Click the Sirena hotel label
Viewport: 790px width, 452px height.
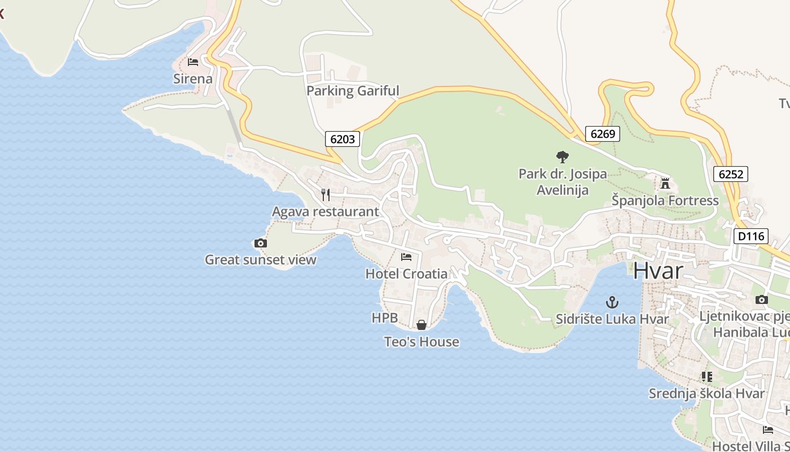[192, 79]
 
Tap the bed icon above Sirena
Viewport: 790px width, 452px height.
[193, 62]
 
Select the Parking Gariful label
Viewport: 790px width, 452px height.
[353, 90]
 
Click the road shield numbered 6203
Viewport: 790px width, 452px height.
[343, 138]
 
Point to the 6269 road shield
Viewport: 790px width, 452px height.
[603, 134]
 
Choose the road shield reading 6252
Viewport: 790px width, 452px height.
[731, 174]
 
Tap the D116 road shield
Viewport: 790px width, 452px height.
[751, 236]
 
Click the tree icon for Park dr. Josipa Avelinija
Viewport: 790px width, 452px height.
[562, 157]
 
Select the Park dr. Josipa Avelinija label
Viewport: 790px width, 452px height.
[563, 181]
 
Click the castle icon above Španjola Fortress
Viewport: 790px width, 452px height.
[665, 183]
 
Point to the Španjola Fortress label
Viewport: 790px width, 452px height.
[665, 201]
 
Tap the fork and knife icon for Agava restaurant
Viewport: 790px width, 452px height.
[326, 195]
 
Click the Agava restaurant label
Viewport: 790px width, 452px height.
[326, 212]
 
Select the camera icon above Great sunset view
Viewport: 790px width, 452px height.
[260, 243]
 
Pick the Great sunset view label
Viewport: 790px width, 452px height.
[260, 260]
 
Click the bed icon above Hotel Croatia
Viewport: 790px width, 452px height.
[406, 257]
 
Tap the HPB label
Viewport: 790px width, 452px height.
[385, 318]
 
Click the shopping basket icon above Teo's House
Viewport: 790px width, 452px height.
[422, 325]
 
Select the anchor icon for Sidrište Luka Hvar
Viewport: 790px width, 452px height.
[612, 302]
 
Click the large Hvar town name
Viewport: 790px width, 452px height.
[658, 271]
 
